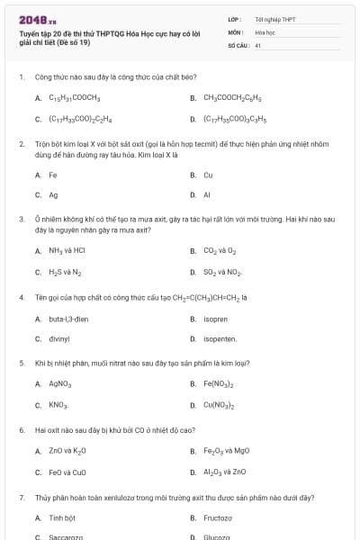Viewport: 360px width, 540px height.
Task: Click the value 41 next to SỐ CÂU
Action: point(258,44)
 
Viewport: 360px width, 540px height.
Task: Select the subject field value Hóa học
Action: point(265,31)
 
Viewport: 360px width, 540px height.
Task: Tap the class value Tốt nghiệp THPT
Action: point(274,19)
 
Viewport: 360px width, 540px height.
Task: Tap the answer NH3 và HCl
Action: point(67,251)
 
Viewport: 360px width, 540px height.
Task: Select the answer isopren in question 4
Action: point(216,319)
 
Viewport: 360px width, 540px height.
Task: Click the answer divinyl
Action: point(60,339)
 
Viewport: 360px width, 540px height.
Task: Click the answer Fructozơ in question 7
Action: point(218,517)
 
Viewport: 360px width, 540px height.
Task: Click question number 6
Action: point(21,430)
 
